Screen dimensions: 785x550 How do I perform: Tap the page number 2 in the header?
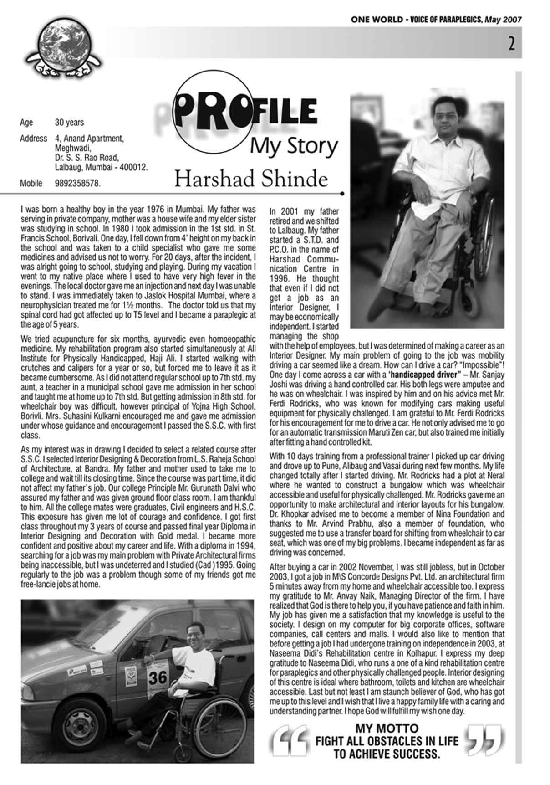point(512,45)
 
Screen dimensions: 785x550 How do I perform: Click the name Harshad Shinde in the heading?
point(251,179)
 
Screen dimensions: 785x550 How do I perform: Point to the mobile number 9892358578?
point(77,184)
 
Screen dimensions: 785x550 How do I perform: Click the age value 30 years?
point(69,123)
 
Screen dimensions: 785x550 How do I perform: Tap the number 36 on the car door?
point(158,677)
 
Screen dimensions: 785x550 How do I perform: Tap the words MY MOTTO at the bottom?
point(387,728)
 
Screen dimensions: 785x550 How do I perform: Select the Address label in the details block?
point(33,138)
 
